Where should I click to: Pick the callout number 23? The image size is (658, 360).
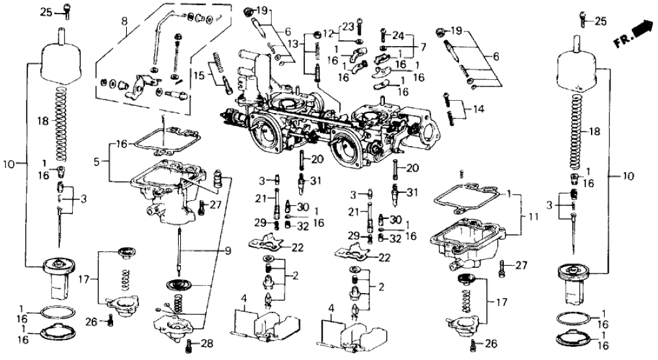[x=349, y=27]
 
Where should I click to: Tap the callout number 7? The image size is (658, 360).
[x=423, y=47]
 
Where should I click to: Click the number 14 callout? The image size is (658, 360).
[x=479, y=109]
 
